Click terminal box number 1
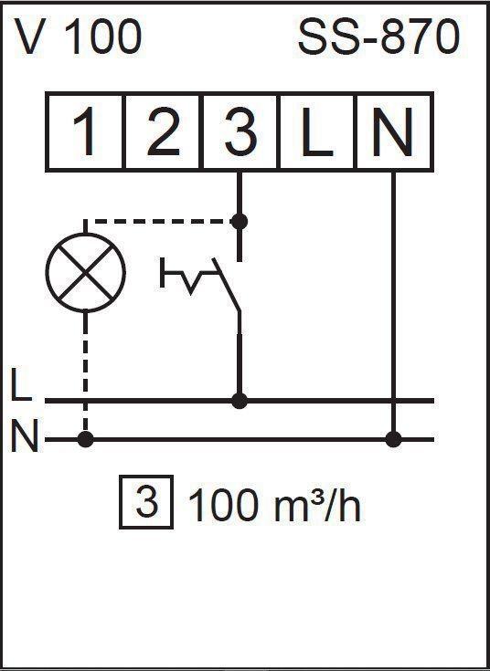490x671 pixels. pyautogui.click(x=85, y=131)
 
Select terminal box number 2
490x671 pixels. pyautogui.click(x=162, y=131)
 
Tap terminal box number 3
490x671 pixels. pyautogui.click(x=240, y=131)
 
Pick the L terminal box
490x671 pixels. pyautogui.click(x=316, y=131)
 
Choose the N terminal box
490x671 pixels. pyautogui.click(x=394, y=131)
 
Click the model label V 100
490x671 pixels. pyautogui.click(x=78, y=37)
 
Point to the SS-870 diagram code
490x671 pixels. pyautogui.click(x=378, y=37)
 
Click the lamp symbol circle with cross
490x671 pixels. pyautogui.click(x=85, y=273)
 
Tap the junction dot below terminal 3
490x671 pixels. pyautogui.click(x=240, y=222)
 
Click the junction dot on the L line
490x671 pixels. pyautogui.click(x=240, y=401)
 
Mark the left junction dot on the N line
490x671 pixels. pyautogui.click(x=85, y=439)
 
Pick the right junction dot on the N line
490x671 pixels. pyautogui.click(x=393, y=439)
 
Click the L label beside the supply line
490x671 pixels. pyautogui.click(x=21, y=383)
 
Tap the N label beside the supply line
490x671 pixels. pyautogui.click(x=25, y=435)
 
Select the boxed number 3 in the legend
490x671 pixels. pyautogui.click(x=146, y=502)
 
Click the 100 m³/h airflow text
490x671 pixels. pyautogui.click(x=274, y=506)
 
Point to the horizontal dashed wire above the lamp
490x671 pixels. pyautogui.click(x=162, y=222)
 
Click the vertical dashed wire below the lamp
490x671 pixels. pyautogui.click(x=85, y=372)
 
